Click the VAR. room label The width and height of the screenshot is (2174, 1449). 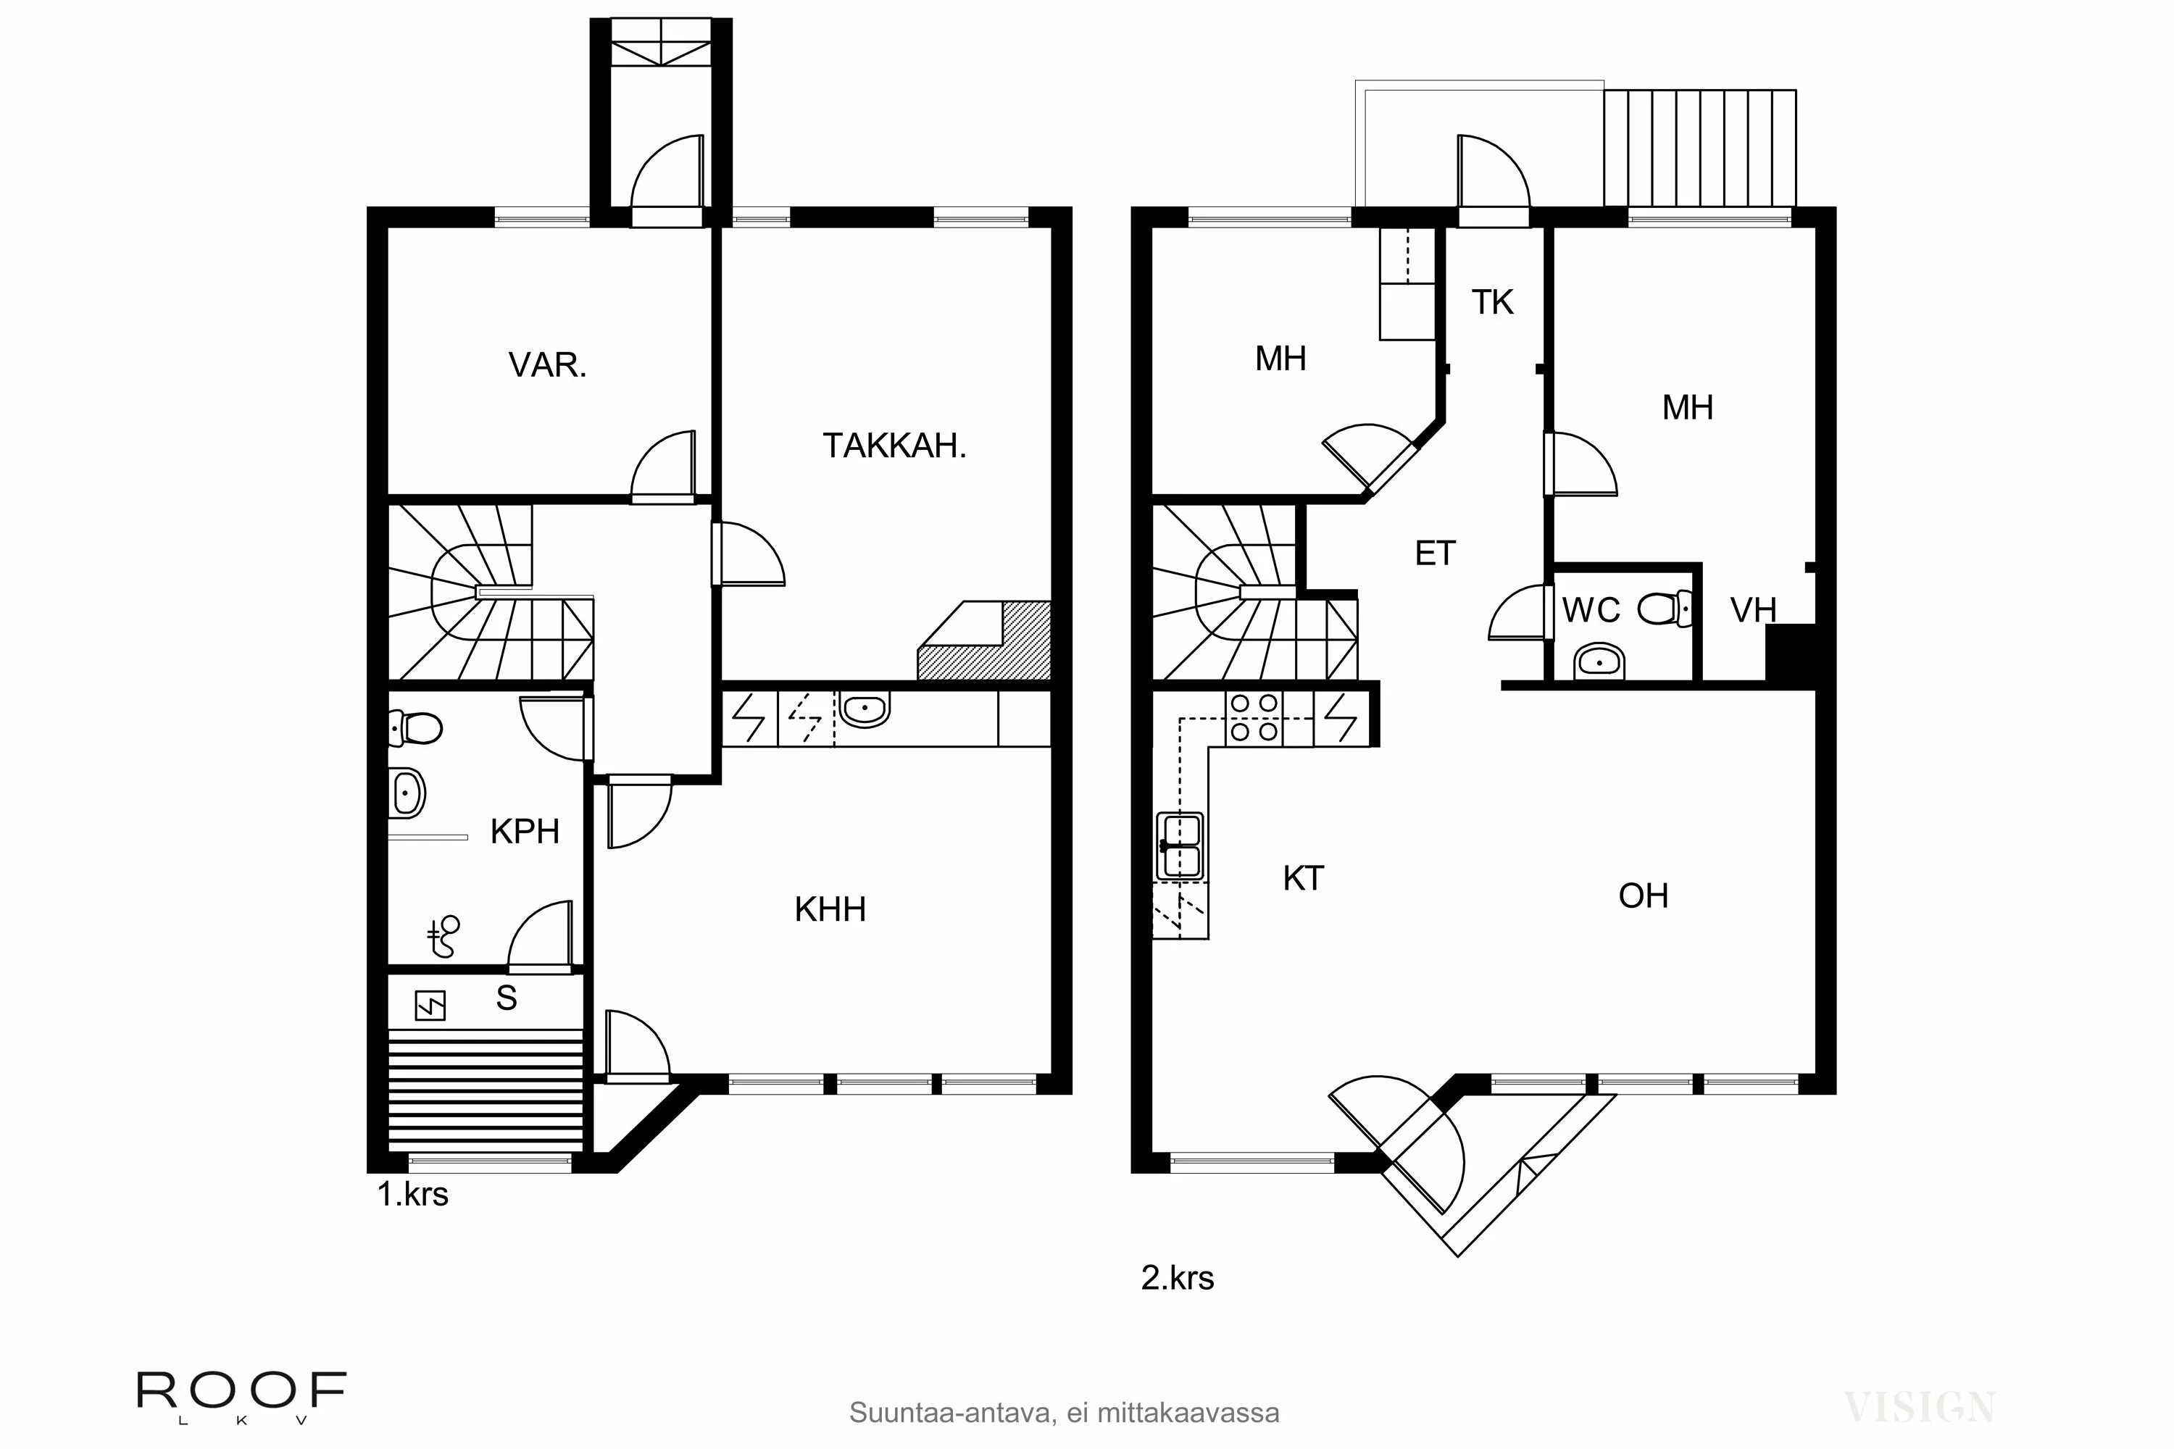547,365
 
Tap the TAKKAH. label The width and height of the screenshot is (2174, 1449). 894,446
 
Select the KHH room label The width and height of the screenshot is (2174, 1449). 830,909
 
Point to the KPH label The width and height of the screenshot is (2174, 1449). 524,832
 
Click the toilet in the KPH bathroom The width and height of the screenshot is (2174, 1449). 415,728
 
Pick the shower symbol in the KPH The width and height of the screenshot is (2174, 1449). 443,936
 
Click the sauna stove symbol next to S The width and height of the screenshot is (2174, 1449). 430,1006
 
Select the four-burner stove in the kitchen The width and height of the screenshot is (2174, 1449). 1254,718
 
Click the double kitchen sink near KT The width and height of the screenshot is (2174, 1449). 1180,845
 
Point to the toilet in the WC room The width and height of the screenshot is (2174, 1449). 1665,610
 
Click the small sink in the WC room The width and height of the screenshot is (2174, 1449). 1599,661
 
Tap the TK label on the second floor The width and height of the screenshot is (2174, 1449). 1492,302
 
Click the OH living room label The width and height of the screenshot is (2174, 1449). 1643,895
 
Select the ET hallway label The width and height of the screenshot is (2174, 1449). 1435,554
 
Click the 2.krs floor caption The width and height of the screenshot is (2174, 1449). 1177,1277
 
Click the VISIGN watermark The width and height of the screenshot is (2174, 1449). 1918,1406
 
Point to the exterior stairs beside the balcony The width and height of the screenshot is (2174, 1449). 1699,148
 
